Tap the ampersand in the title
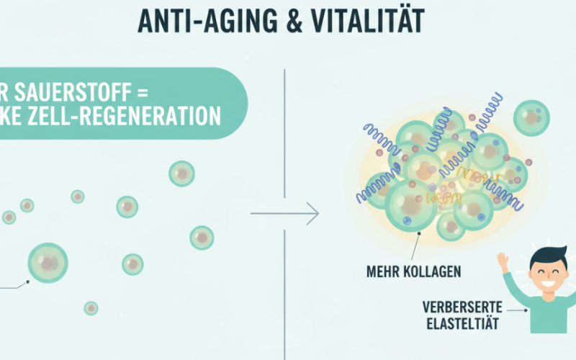[x=292, y=21]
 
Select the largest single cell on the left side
[x=48, y=262]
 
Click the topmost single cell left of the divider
[x=181, y=173]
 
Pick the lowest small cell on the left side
[x=91, y=308]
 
